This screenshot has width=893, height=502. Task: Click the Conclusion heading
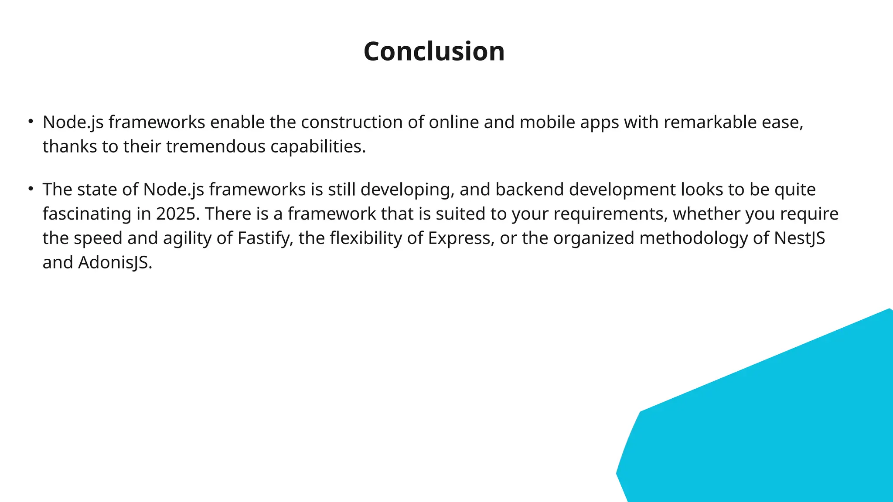pos(434,51)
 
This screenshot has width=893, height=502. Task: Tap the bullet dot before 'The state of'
pos(31,189)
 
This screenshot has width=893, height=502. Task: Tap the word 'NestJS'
pos(799,238)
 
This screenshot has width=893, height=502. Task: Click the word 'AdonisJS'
pos(115,263)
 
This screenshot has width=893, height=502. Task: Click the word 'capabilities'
pos(317,146)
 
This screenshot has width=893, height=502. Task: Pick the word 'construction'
pos(351,122)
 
